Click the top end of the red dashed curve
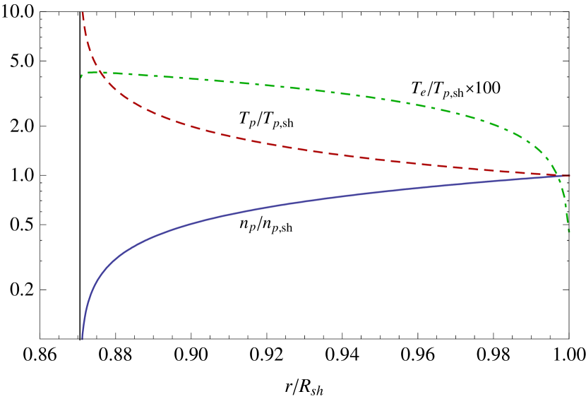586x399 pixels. (x=83, y=12)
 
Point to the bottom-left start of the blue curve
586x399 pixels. (x=82, y=339)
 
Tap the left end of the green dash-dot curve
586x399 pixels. (x=81, y=76)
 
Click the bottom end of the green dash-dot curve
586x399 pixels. (x=569, y=232)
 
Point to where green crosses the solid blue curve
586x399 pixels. (x=560, y=176)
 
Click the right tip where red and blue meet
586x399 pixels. (x=569, y=175)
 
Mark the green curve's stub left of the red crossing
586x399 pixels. (x=89, y=73)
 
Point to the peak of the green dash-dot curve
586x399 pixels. (x=113, y=73)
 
